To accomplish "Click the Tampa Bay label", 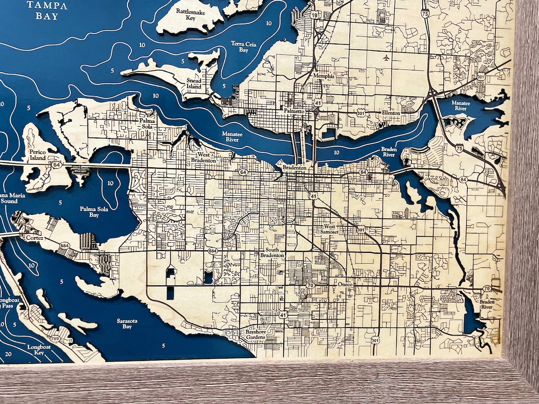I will (47, 10).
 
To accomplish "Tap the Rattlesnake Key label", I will (191, 14).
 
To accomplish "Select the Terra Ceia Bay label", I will (240, 46).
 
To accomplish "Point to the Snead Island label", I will (193, 84).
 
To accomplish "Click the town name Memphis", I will (323, 76).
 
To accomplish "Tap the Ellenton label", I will (391, 113).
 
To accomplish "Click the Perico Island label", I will (37, 155).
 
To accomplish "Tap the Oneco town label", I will (345, 284).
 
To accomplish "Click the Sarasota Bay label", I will (127, 324).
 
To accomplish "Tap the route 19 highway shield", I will (314, 16).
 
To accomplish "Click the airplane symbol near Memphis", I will (387, 58).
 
